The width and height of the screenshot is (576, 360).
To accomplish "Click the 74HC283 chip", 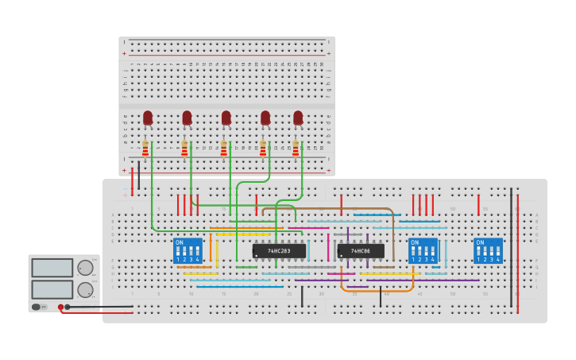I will coord(278,251).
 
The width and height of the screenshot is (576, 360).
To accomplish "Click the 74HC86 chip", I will coord(361,251).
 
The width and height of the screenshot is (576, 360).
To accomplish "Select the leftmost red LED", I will coord(148,118).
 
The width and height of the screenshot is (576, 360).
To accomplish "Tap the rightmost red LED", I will coord(298,118).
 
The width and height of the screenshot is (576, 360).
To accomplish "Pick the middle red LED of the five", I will coord(226,118).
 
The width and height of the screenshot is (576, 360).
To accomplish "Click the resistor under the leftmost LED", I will coord(145,149).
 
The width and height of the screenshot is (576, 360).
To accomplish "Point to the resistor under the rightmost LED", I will coord(296,149).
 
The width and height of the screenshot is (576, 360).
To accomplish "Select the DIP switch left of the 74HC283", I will coord(187,251).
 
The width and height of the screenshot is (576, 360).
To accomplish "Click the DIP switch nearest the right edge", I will coord(488,251).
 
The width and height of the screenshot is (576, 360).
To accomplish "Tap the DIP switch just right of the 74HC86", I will coord(423,251).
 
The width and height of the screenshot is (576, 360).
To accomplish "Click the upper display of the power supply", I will coord(52,268).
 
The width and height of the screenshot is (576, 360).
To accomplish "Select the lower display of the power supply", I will coord(52,289).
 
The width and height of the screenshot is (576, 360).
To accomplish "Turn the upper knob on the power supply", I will coord(84,268).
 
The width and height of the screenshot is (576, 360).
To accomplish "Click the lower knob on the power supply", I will coord(84,289).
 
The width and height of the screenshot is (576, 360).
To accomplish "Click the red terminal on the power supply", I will coord(60,307).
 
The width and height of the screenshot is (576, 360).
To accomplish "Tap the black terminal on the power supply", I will coord(68,307).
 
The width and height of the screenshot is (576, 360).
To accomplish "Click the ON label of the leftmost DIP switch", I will coord(180,242).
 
